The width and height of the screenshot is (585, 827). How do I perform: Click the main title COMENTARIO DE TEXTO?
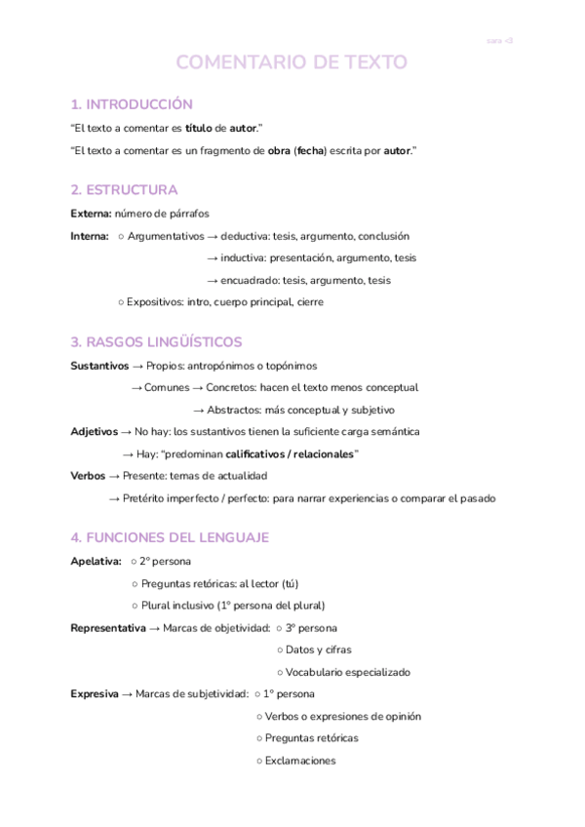click(292, 63)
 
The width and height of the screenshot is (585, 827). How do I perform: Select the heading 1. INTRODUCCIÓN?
click(132, 104)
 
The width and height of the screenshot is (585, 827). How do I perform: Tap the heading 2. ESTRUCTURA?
click(124, 189)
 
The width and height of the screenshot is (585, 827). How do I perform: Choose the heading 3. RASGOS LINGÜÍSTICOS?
click(156, 341)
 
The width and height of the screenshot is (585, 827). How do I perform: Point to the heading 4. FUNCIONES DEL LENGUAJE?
click(170, 537)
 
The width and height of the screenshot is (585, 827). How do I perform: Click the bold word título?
click(197, 128)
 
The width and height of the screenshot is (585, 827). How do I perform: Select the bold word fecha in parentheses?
click(312, 150)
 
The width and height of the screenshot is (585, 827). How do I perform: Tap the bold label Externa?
click(92, 214)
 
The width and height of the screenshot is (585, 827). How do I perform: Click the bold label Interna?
click(90, 236)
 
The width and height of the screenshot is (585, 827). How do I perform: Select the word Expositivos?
click(154, 302)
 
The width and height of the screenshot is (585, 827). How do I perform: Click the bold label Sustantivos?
click(99, 366)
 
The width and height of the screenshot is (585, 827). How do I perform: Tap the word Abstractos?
click(234, 411)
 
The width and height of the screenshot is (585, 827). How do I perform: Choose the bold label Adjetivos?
click(94, 431)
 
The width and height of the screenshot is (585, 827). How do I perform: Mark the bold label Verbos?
click(88, 476)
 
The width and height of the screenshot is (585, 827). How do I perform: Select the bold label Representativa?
click(108, 628)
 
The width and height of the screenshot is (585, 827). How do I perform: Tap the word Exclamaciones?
click(300, 761)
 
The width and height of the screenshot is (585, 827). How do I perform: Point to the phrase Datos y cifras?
click(319, 650)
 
